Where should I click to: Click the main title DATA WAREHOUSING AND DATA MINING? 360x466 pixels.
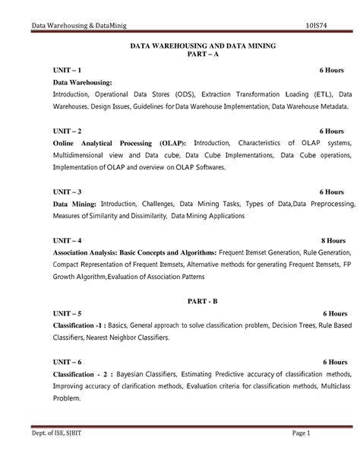coord(203,46)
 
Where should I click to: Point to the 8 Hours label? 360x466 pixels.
coord(331,239)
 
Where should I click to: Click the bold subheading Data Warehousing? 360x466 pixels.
coord(82,82)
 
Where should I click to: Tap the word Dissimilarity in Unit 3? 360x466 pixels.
coord(141,216)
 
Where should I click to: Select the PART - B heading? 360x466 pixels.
coord(203,301)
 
